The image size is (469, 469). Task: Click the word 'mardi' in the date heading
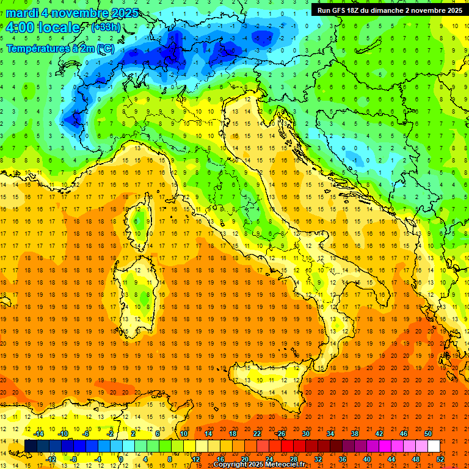click(23, 13)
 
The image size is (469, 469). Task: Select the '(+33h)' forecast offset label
click(105, 27)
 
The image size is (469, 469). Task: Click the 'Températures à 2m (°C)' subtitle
click(60, 48)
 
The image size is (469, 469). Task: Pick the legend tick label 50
click(427, 434)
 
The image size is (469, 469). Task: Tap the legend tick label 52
click(440, 459)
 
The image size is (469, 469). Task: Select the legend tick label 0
click(122, 459)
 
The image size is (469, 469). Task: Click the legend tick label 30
click(306, 434)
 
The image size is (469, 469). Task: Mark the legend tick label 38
click(355, 434)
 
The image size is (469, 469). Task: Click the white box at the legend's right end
click(434, 446)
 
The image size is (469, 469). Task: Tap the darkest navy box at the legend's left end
click(31, 446)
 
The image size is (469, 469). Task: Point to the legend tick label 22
click(257, 434)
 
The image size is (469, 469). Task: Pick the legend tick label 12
click(195, 459)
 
